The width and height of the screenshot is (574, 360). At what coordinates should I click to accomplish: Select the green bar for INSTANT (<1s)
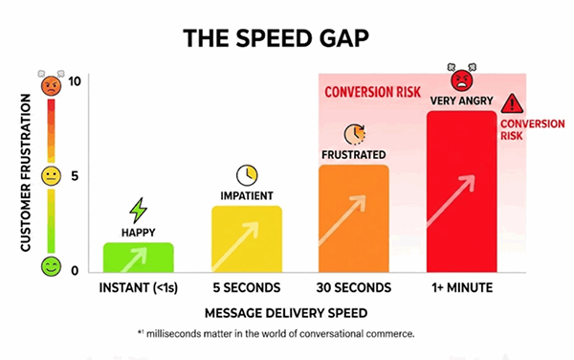point(139,257)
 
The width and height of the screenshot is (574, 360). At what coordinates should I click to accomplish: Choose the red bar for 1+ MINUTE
point(461,191)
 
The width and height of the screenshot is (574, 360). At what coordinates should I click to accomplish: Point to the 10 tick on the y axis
point(76,81)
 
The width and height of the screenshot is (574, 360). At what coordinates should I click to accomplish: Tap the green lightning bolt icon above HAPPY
point(139,210)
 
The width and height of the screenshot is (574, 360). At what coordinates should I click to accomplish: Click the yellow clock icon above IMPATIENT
point(247,174)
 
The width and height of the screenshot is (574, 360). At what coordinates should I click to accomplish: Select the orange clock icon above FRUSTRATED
point(353,134)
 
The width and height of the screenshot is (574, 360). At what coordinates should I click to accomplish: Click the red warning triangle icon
point(514,102)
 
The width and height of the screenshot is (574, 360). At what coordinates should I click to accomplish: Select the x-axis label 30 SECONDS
point(353,287)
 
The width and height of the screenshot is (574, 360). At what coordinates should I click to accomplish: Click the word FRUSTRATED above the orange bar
point(353,155)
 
